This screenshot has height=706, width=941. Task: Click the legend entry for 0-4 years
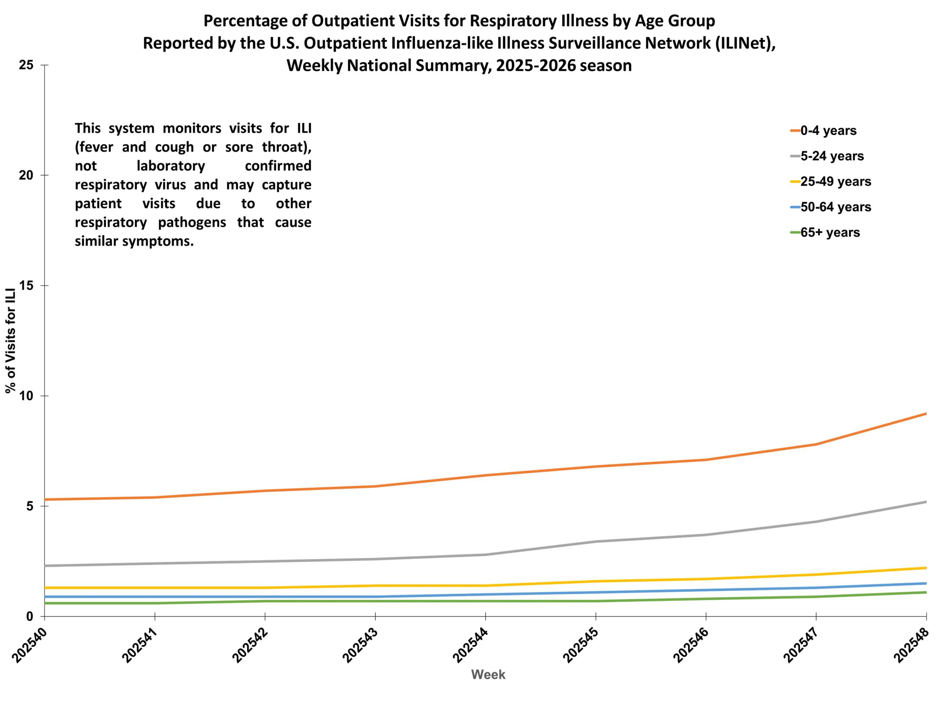tap(827, 131)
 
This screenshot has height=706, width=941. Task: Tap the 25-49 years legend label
tap(835, 182)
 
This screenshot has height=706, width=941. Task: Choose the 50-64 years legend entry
tap(835, 207)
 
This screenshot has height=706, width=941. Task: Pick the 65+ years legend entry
tap(830, 233)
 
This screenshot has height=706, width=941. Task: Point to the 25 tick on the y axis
tap(26, 65)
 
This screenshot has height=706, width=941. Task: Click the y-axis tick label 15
tap(26, 286)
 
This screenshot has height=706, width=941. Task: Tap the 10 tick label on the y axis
tap(26, 396)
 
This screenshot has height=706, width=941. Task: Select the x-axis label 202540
tap(29, 646)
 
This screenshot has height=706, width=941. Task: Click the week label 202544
tap(470, 646)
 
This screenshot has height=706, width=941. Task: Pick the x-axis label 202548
tap(911, 646)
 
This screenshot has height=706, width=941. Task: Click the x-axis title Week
tap(488, 674)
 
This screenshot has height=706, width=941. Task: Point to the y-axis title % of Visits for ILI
tap(11, 340)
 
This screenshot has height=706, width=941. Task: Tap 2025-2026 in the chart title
tap(535, 66)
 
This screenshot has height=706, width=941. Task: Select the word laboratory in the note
tap(171, 165)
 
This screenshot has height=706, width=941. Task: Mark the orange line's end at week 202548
tap(926, 414)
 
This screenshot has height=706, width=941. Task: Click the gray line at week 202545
tap(595, 542)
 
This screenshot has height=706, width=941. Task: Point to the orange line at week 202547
tap(816, 444)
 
